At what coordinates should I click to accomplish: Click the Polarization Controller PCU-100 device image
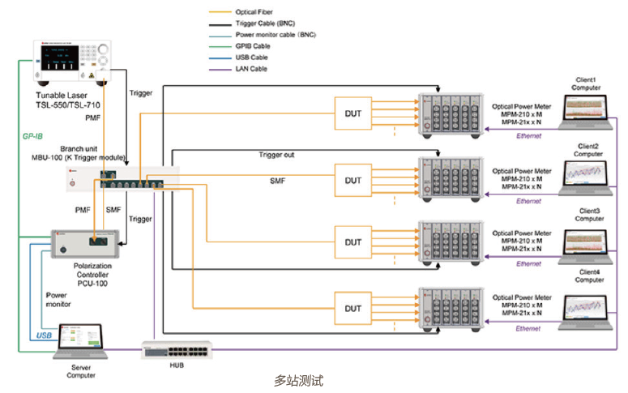(85, 241)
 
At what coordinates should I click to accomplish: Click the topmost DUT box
(353, 113)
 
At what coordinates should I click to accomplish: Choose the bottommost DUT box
(353, 308)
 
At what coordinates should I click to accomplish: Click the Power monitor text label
(57, 301)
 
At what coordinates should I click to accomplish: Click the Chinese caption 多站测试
(299, 379)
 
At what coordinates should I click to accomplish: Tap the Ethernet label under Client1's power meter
(529, 135)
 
